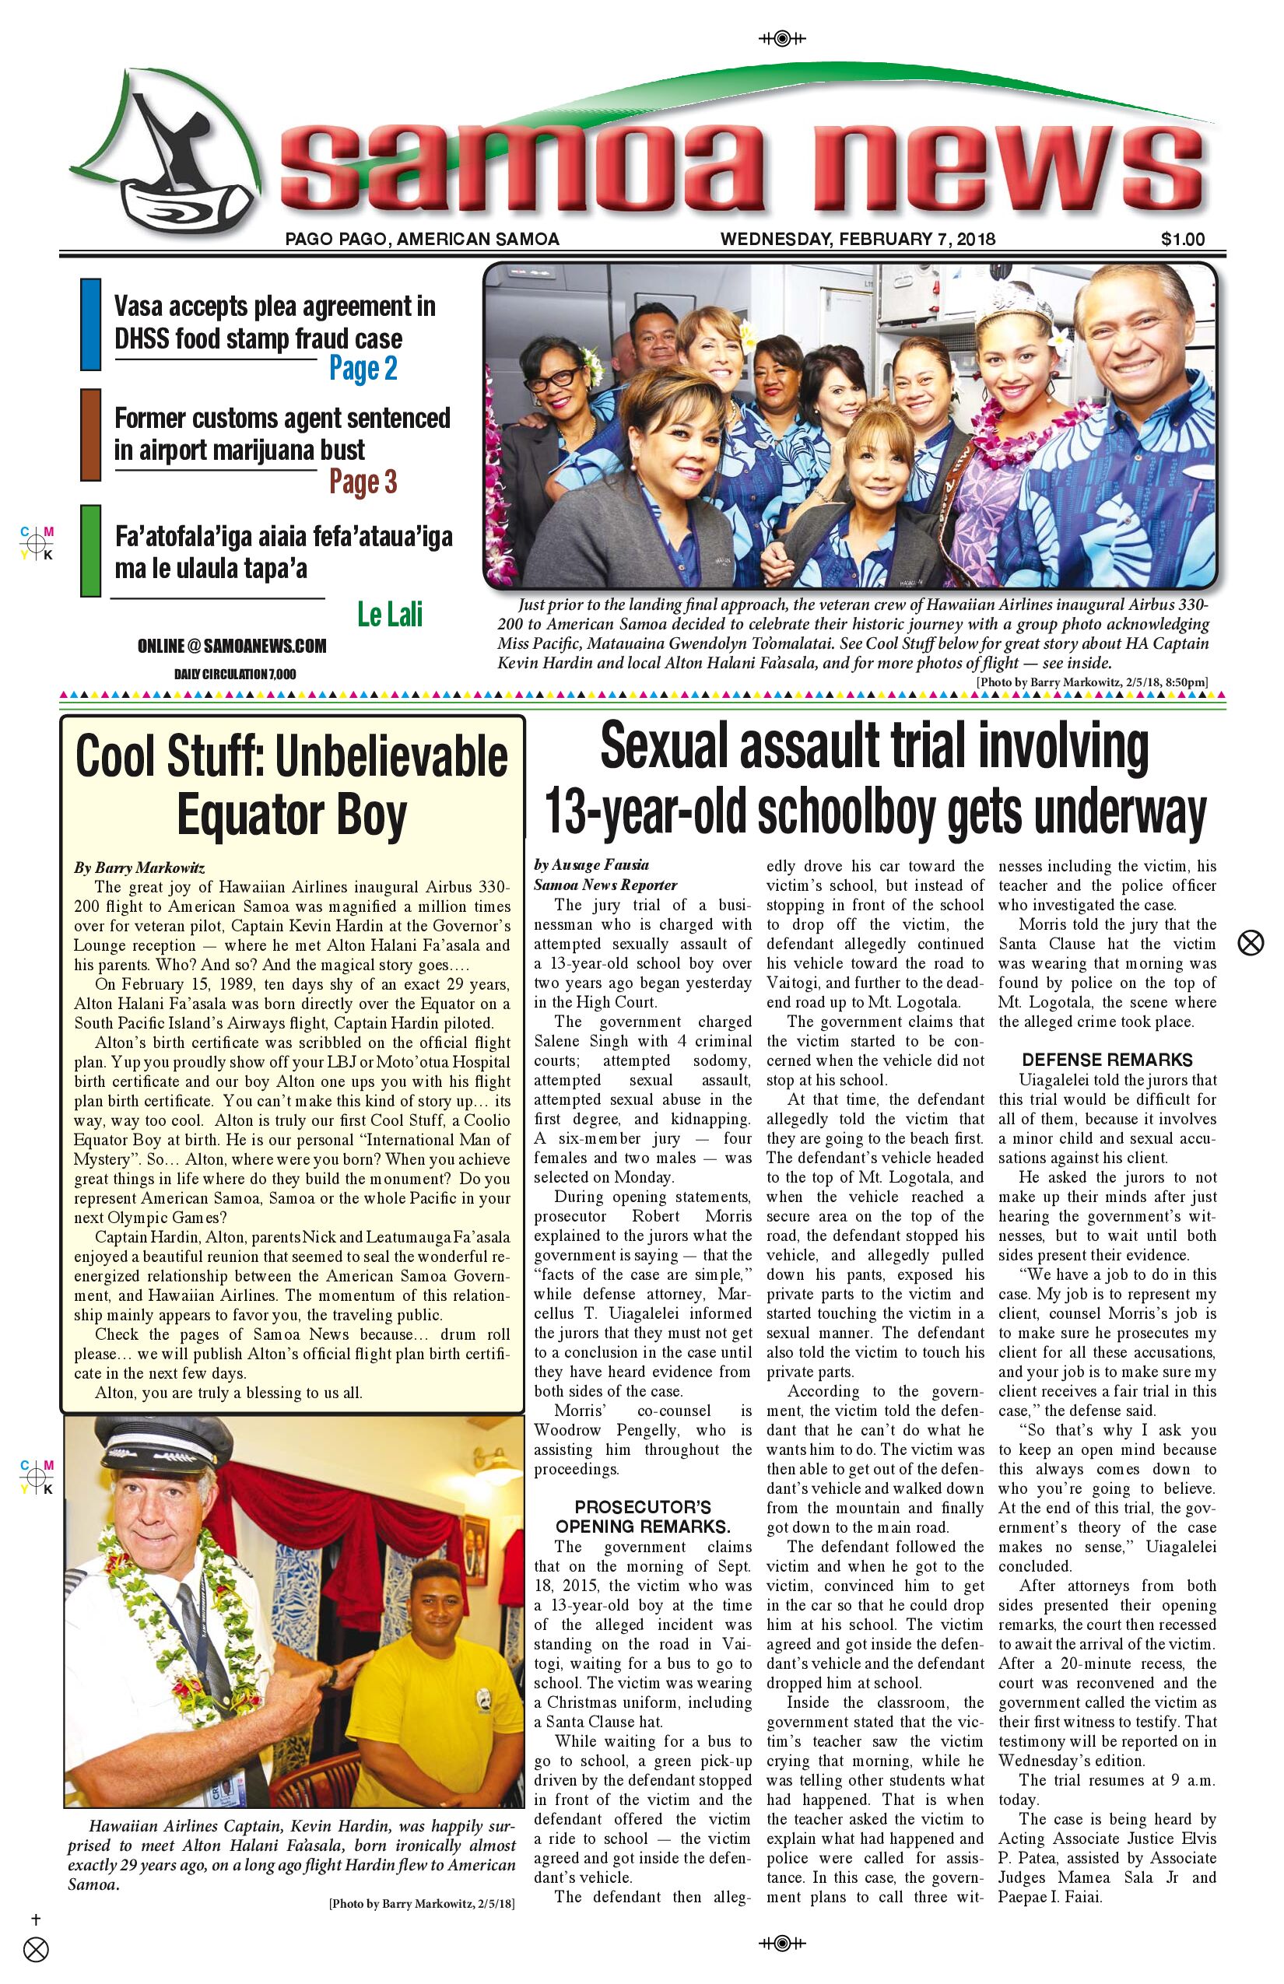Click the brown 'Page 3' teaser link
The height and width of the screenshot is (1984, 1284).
coord(363,482)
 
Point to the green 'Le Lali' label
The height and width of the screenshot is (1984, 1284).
coord(389,615)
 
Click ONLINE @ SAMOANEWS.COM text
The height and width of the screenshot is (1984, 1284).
coord(232,646)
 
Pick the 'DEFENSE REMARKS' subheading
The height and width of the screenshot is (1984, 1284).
coord(1107,1060)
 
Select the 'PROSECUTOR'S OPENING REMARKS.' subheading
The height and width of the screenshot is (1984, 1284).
coord(642,1517)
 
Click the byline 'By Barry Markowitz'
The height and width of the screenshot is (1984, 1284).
coord(139,867)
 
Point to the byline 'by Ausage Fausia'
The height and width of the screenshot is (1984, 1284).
coord(591,864)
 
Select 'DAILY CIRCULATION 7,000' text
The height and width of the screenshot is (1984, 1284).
coord(234,674)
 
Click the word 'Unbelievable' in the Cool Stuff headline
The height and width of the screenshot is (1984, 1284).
coord(390,757)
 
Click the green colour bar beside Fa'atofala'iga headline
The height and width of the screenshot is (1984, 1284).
coord(90,550)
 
